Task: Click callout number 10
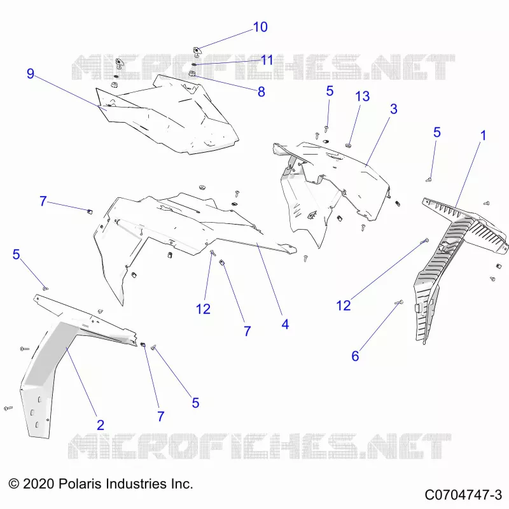click(260, 27)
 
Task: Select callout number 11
click(267, 60)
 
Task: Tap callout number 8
click(261, 92)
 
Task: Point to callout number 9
click(30, 74)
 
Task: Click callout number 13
click(362, 96)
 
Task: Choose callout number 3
click(393, 109)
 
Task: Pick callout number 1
click(484, 136)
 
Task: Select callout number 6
click(355, 356)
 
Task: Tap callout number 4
click(285, 324)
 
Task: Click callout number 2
click(101, 425)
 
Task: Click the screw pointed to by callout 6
click(399, 302)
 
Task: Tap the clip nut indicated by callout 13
click(349, 144)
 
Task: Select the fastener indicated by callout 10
click(196, 51)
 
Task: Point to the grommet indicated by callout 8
click(192, 74)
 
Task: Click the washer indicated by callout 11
click(194, 64)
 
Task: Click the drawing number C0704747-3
click(463, 495)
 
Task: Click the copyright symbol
click(14, 484)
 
